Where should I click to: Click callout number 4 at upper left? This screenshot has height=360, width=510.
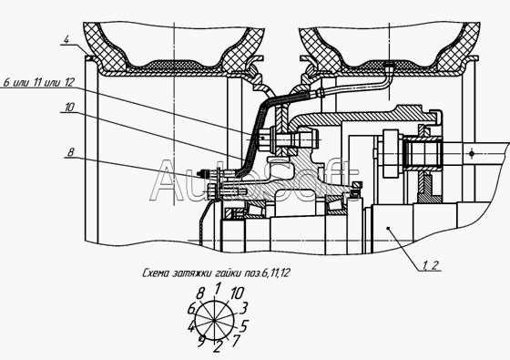pos(66,40)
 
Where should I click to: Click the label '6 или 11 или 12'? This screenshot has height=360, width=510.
pos(38,83)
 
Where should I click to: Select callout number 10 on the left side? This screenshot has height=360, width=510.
pos(69,108)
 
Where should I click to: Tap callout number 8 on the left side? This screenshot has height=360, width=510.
pos(71,152)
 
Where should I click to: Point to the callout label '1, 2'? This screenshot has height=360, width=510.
pos(431,265)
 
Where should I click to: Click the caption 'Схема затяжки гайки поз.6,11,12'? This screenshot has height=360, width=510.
pos(216,273)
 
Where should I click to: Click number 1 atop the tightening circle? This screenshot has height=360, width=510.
pos(219,288)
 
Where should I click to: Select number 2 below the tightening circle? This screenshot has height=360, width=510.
pos(217,347)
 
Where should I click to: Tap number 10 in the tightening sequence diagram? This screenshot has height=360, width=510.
pos(237,293)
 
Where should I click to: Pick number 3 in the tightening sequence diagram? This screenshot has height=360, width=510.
pos(244,308)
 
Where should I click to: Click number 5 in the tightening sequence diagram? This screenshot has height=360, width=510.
pos(245,325)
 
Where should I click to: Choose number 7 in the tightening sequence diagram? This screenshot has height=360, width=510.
pos(236,341)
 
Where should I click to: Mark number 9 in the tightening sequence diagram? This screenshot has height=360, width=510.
pos(201,342)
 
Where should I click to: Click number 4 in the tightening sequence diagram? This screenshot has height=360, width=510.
pos(191,327)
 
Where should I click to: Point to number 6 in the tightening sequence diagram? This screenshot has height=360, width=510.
pos(191,308)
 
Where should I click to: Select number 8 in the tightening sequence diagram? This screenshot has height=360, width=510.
pos(200,294)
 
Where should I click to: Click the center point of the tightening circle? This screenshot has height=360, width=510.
pos(214,321)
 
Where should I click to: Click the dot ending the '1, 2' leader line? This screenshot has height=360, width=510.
pos(388,229)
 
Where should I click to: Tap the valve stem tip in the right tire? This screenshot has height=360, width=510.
pos(388,64)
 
